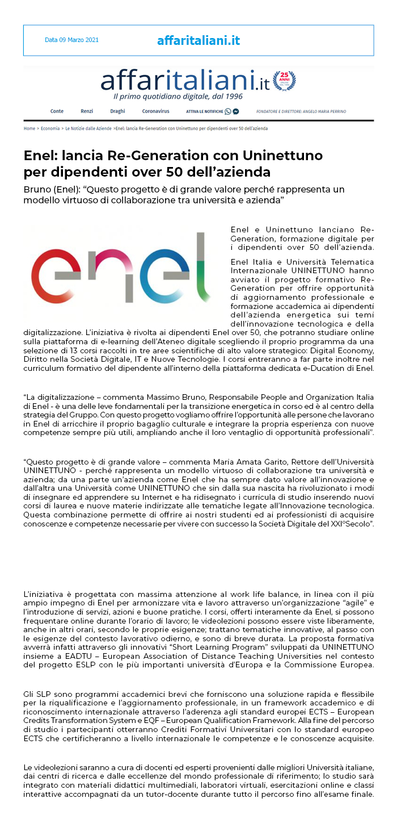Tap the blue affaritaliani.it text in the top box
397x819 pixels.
tap(198, 40)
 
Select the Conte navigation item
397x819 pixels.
tap(57, 111)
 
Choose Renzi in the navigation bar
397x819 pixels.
tap(87, 111)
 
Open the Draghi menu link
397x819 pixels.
tap(117, 111)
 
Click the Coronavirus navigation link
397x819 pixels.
tap(155, 111)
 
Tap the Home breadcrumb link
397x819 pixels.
tap(29, 128)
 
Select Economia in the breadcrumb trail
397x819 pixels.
tap(50, 128)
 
